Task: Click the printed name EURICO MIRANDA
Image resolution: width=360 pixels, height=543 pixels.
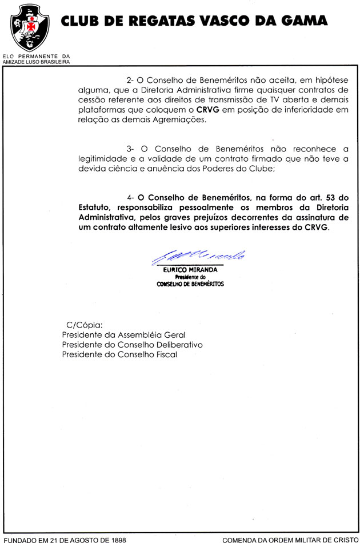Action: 191,270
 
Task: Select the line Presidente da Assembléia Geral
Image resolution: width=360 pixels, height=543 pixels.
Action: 123,335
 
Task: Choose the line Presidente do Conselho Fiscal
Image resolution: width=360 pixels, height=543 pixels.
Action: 119,354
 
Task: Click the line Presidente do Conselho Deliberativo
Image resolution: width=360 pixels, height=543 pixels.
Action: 132,345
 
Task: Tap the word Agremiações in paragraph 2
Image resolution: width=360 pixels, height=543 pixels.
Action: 179,121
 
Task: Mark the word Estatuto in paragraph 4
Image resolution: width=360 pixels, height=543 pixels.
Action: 96,208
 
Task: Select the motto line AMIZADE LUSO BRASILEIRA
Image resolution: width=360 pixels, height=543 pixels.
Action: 36,61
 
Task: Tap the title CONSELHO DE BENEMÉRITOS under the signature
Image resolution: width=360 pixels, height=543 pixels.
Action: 190,284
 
